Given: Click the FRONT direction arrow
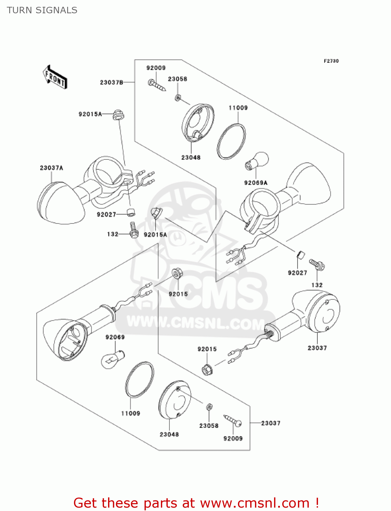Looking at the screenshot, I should click(55, 77).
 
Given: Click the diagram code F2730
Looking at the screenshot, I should click(331, 61).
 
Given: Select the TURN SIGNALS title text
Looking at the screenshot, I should click(42, 10).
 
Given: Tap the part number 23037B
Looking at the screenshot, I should click(111, 82).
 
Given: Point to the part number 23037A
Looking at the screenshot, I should click(51, 168).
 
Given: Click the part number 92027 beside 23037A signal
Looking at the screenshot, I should click(106, 214).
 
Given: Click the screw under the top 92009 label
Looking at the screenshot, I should click(157, 85).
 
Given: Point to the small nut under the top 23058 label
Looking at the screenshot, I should click(178, 98).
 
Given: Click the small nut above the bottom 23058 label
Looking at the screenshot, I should click(209, 407).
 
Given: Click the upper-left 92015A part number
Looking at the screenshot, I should click(90, 114).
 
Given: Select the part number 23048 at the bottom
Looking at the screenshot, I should click(169, 434).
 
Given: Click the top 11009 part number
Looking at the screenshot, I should click(238, 108).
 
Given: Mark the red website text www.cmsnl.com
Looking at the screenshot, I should click(254, 503).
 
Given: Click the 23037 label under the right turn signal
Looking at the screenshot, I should click(317, 348).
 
